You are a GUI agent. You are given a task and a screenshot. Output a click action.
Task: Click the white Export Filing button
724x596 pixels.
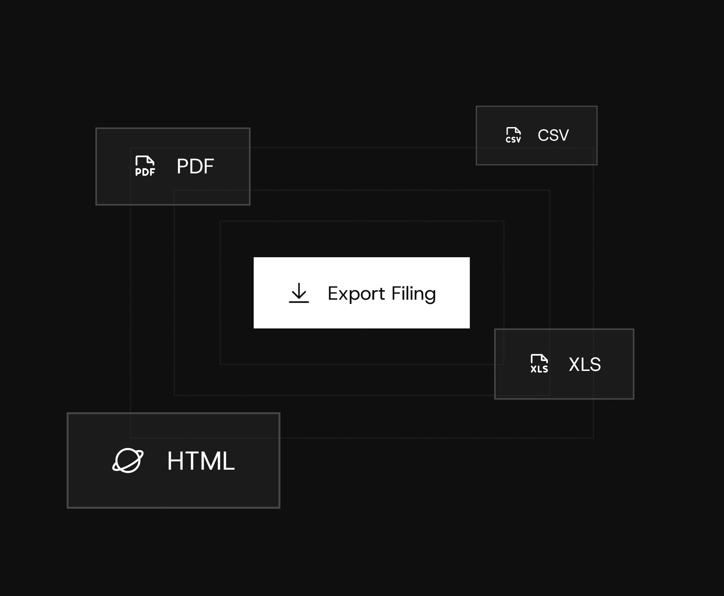coord(361,292)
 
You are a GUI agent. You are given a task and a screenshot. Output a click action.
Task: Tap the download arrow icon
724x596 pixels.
coord(299,293)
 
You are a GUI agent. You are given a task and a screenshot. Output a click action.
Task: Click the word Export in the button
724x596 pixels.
coord(356,294)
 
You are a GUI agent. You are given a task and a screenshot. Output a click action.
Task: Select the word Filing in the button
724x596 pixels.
coord(414,294)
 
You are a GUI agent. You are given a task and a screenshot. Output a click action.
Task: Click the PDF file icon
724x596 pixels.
coord(145,166)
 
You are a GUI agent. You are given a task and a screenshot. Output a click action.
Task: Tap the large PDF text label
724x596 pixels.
coord(195,167)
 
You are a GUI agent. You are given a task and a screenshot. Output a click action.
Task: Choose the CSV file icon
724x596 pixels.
coord(513,135)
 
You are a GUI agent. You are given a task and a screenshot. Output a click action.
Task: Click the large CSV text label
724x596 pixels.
coord(553,135)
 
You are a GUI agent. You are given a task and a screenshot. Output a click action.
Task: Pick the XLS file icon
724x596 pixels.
coord(539,364)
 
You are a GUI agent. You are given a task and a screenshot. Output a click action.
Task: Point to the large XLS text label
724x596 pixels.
coord(585,364)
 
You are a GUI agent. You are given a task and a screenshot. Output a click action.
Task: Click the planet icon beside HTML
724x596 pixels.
coord(128,460)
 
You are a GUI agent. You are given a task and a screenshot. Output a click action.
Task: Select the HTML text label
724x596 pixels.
coord(201,461)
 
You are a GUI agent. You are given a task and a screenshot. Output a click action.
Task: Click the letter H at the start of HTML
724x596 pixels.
coord(175,461)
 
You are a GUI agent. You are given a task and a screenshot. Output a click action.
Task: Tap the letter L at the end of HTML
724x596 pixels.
coord(227,461)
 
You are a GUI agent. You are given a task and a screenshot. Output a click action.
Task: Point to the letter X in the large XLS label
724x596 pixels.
coord(575,364)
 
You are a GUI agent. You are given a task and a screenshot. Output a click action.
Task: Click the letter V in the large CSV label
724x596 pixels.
coord(563,135)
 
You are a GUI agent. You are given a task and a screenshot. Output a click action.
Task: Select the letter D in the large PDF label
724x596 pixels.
coord(195,167)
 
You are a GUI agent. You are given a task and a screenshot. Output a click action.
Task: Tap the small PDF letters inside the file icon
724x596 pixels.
coord(145,172)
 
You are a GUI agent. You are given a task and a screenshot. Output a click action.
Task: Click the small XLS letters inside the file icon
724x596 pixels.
coord(539,369)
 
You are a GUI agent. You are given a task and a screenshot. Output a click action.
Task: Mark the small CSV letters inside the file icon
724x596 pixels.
coord(513,140)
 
